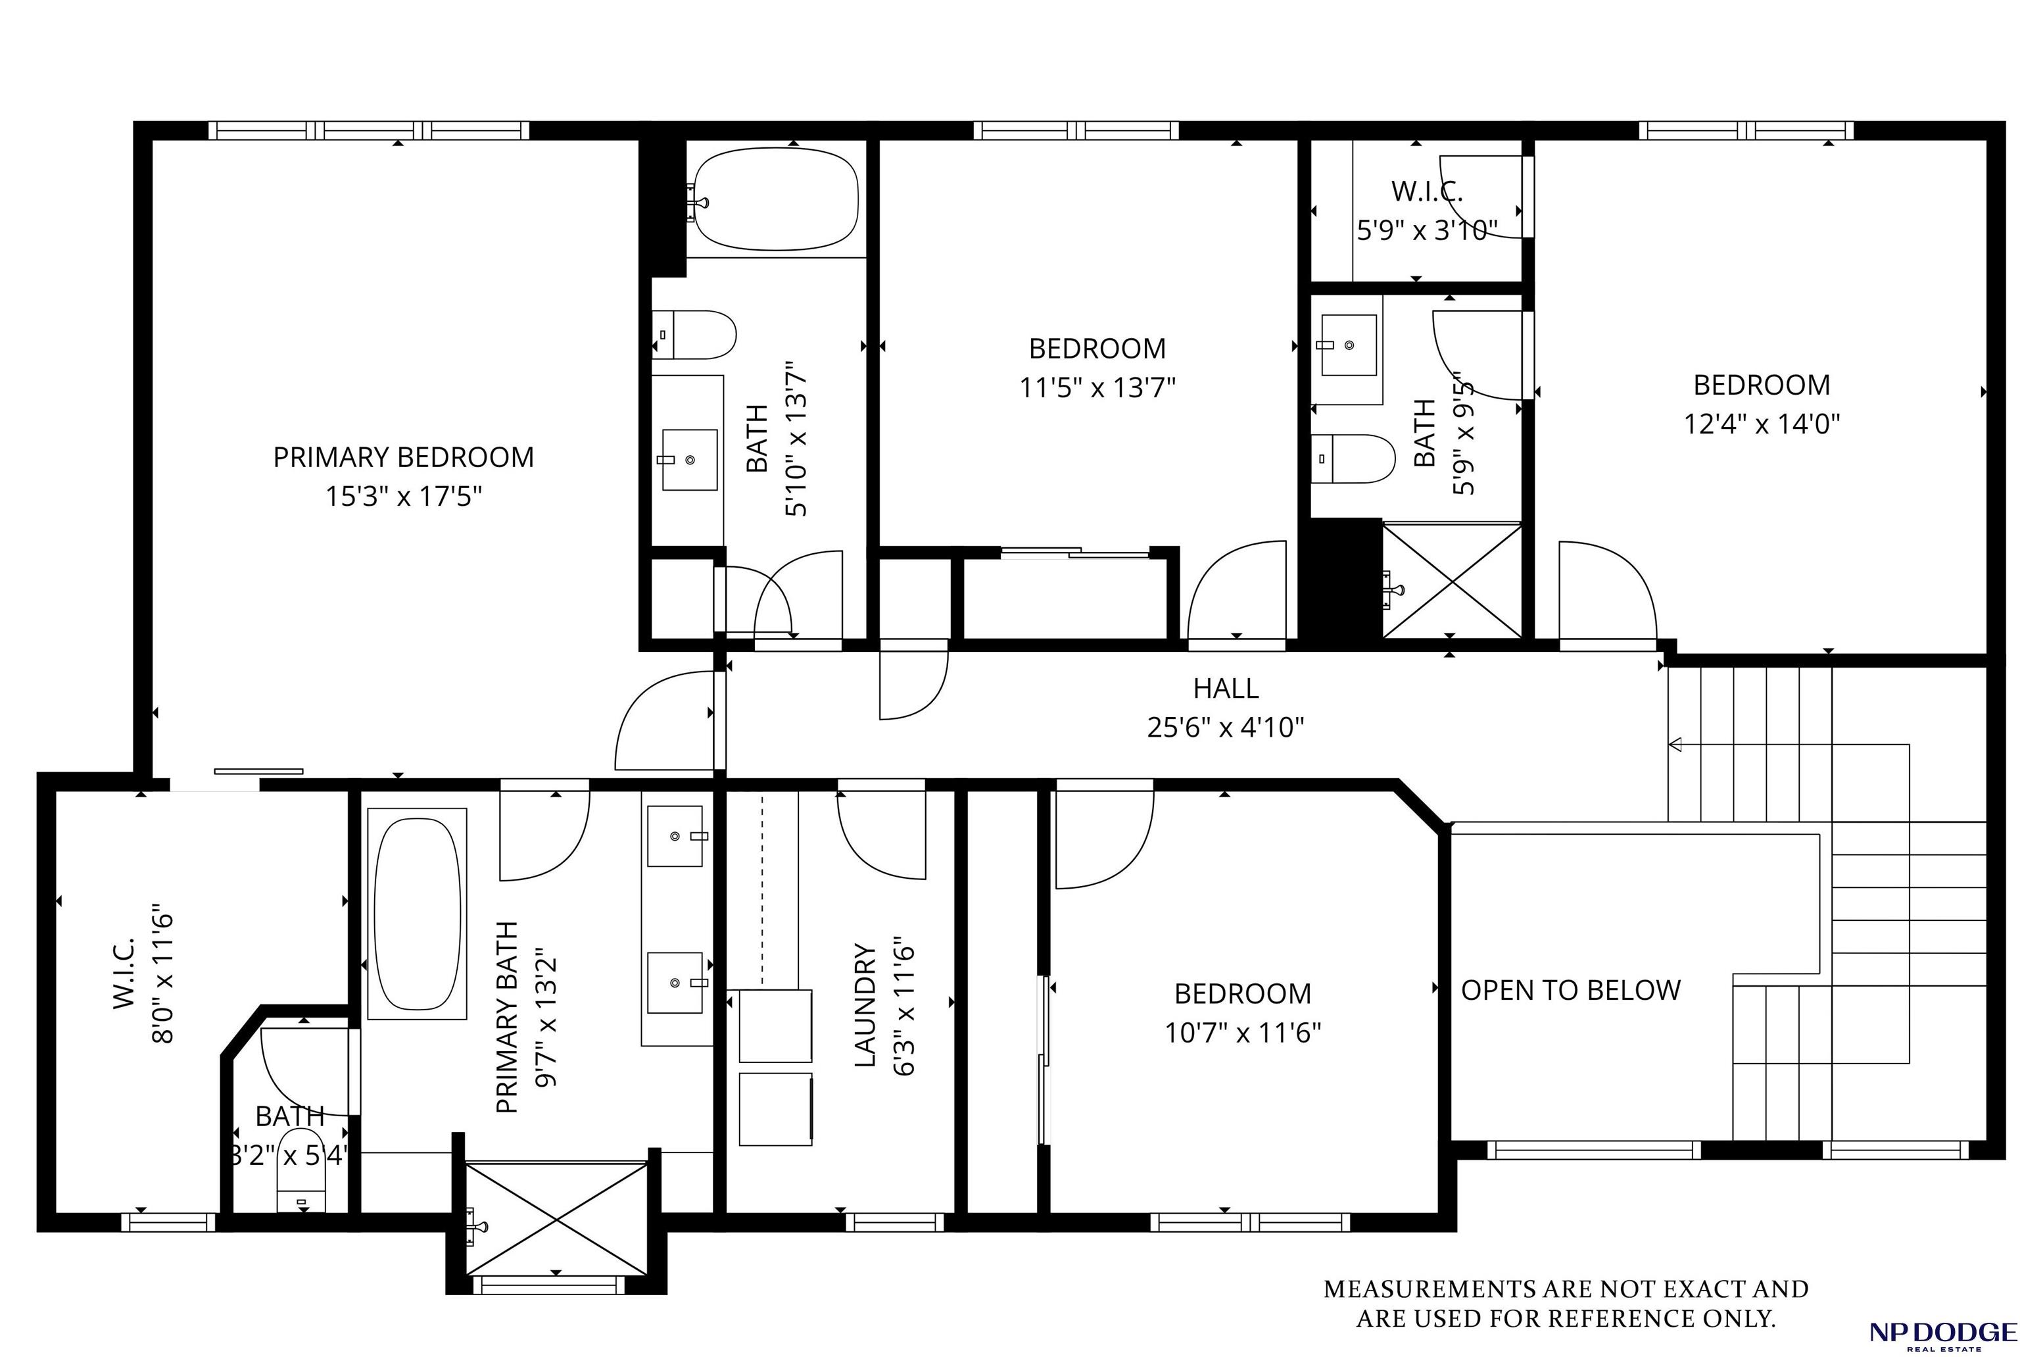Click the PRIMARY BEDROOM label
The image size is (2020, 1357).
[x=403, y=457]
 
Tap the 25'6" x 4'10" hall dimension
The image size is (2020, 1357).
[x=1225, y=727]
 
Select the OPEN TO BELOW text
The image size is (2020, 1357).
[x=1570, y=990]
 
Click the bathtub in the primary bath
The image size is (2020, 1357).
[x=417, y=914]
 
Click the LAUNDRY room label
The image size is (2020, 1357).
[x=865, y=1005]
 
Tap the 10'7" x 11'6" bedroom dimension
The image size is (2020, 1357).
[x=1242, y=1033]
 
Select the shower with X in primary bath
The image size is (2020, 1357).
[x=556, y=1218]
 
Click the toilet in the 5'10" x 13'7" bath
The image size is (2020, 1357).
[x=694, y=335]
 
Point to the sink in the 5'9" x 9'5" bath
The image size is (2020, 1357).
[x=1348, y=345]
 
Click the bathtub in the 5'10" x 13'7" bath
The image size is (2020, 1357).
[x=776, y=200]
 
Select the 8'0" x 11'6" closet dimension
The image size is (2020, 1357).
[x=162, y=979]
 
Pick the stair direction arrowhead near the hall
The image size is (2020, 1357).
[x=1675, y=744]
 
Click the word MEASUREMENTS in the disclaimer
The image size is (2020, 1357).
[x=1410, y=1289]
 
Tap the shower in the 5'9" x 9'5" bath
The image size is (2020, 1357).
[x=1452, y=581]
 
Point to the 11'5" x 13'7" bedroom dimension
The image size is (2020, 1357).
[x=1097, y=387]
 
